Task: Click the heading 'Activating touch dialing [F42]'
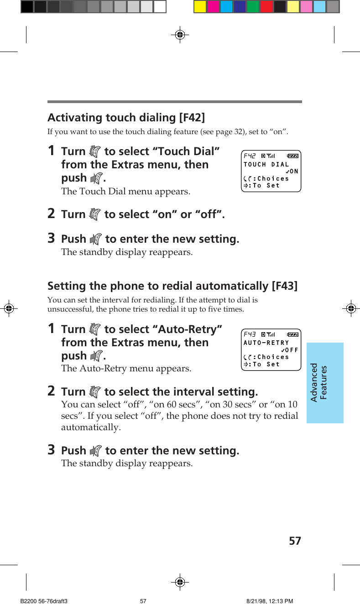click(126, 118)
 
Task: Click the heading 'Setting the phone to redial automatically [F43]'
click(172, 286)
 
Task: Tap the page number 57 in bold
click(295, 541)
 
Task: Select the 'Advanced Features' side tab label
click(319, 382)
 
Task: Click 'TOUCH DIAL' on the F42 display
click(266, 164)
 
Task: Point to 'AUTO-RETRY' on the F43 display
click(266, 343)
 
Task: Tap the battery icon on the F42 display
click(292, 156)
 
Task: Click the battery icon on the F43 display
click(292, 334)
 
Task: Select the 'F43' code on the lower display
click(250, 334)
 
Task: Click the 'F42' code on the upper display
click(250, 156)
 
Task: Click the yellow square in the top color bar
click(200, 6)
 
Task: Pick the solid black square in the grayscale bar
click(27, 6)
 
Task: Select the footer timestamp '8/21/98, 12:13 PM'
click(270, 601)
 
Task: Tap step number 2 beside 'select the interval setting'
click(52, 391)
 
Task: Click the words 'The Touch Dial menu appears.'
click(125, 191)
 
